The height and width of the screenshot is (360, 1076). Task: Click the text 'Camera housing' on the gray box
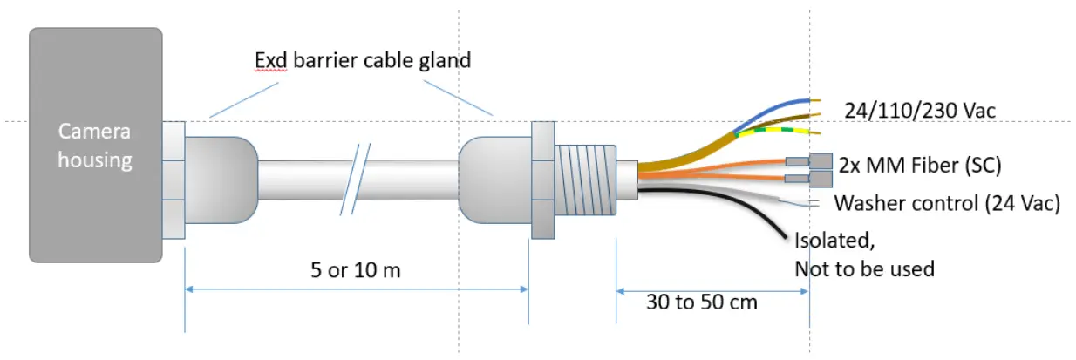point(94,146)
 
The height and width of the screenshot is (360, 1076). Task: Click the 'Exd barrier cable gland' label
point(363,60)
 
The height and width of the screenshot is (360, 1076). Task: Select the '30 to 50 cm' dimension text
point(702,302)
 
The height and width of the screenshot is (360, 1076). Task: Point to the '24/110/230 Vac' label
point(920,110)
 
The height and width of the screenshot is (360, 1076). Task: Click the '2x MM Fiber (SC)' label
point(919,163)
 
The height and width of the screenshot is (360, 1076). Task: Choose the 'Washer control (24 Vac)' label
point(947,204)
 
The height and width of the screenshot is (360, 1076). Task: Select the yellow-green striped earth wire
point(776,132)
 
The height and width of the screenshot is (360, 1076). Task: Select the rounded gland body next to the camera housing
point(221,179)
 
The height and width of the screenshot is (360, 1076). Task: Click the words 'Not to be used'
point(863,268)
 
